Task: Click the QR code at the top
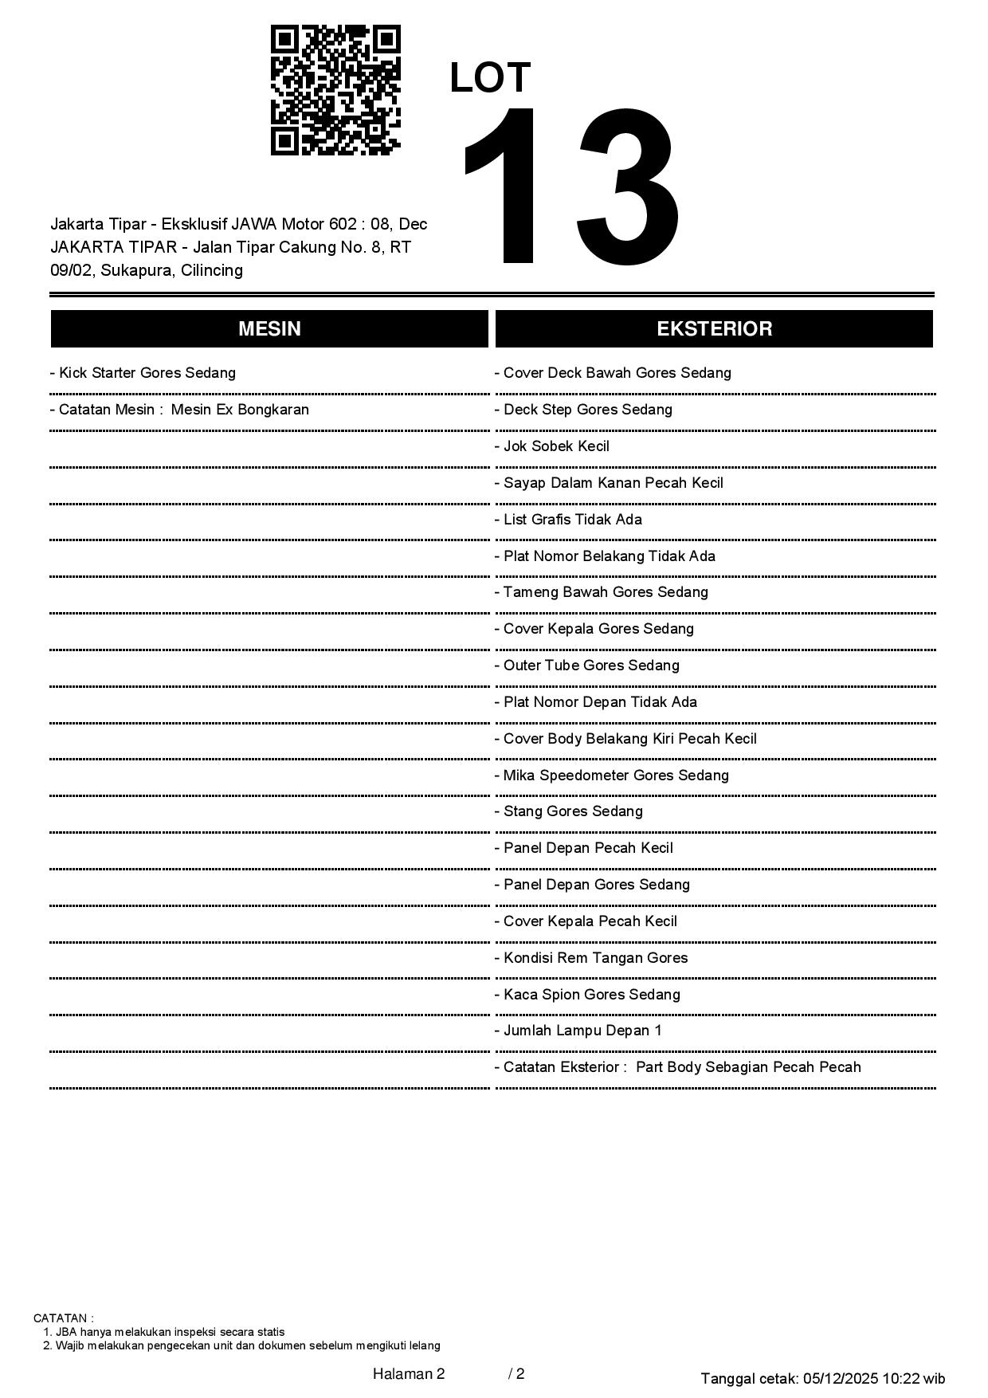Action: click(x=335, y=89)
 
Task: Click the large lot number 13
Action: click(x=570, y=187)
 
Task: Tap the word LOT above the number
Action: click(x=490, y=78)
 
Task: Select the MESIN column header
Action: click(x=269, y=329)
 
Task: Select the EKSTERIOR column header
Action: click(x=714, y=329)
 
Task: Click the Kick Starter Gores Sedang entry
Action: click(x=143, y=373)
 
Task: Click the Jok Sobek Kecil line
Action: click(x=552, y=446)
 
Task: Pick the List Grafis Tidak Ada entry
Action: click(x=568, y=520)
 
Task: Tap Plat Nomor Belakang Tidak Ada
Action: click(x=605, y=556)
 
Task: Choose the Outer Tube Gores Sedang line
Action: click(x=587, y=666)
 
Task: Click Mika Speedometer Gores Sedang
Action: click(x=612, y=776)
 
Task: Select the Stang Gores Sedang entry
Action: click(x=569, y=811)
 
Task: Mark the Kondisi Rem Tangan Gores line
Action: click(x=591, y=958)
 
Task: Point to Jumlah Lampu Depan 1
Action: click(x=578, y=1031)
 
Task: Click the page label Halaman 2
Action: click(x=409, y=1373)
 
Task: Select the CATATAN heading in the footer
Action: click(x=64, y=1318)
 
